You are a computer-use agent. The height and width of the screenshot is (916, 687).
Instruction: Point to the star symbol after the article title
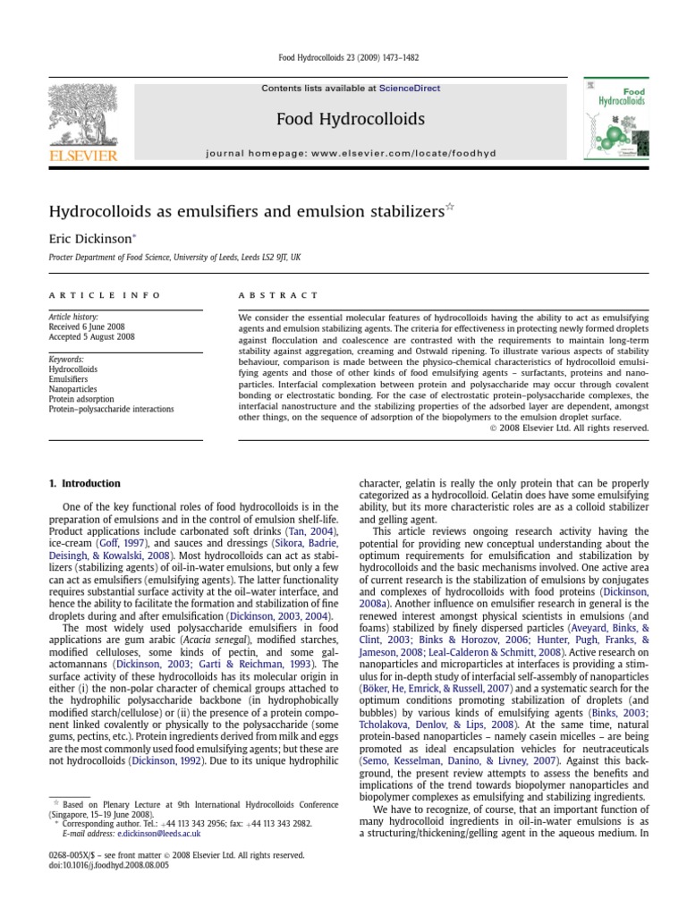[x=450, y=208]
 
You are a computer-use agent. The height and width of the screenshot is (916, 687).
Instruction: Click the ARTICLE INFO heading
[x=105, y=294]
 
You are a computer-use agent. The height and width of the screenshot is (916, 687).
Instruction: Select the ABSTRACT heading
[x=277, y=294]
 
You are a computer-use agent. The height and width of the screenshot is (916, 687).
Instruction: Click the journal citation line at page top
[x=343, y=58]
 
